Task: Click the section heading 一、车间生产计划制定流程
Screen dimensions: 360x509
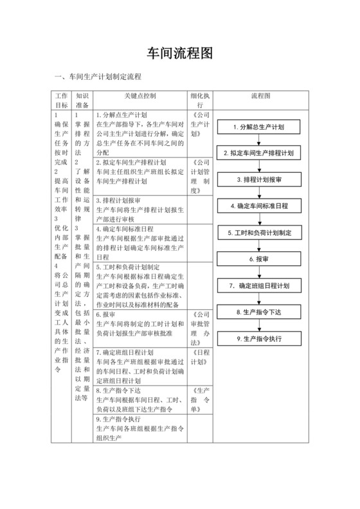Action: point(98,76)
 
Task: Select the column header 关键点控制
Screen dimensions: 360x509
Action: point(141,95)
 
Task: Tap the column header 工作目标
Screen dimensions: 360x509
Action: point(62,100)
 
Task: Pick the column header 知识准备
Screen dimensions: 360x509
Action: point(82,100)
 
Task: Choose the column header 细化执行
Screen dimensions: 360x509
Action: point(201,100)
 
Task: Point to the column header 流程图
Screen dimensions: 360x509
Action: point(260,95)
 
